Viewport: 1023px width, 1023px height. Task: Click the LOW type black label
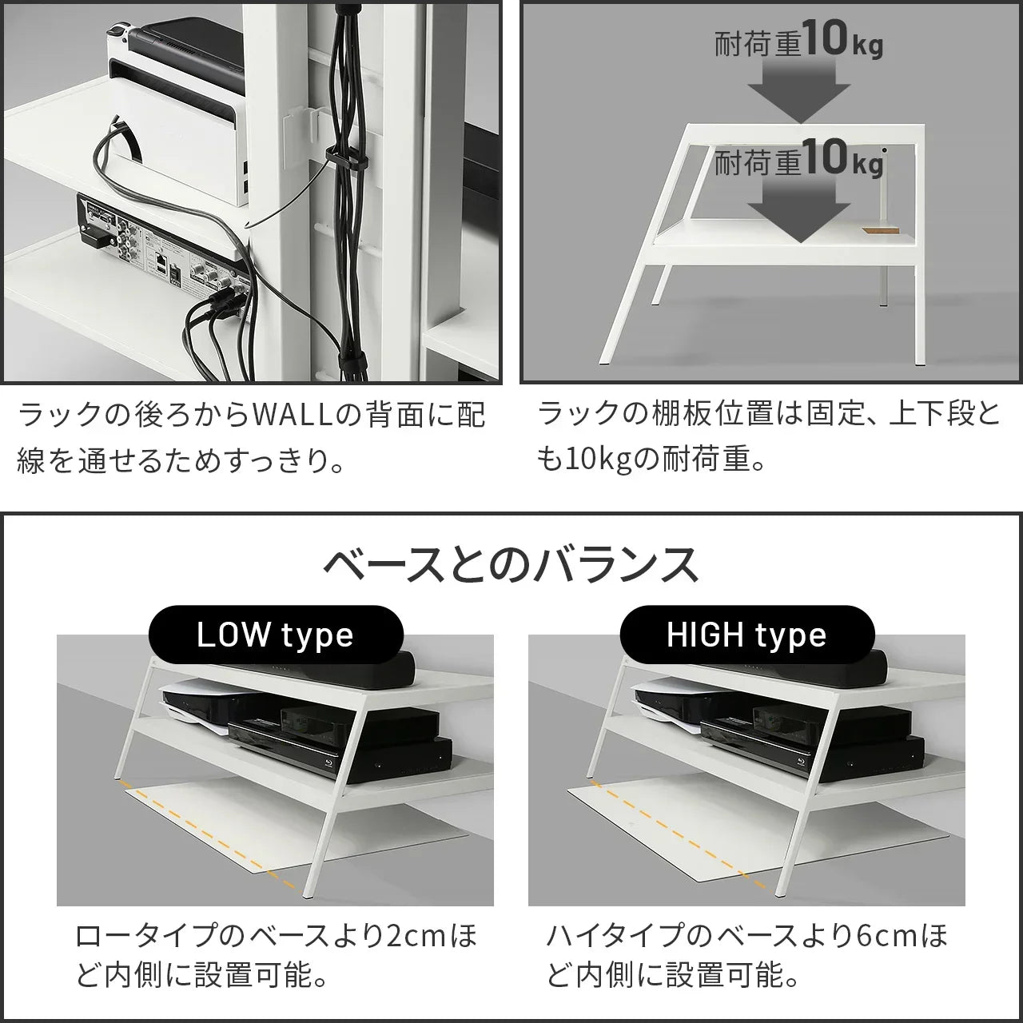tap(275, 635)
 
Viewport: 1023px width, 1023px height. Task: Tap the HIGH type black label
tap(746, 635)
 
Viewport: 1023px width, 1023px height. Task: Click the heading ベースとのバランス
tap(511, 565)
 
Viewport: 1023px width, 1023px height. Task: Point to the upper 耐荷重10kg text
tap(798, 42)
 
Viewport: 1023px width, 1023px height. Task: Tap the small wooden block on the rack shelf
tap(881, 231)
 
